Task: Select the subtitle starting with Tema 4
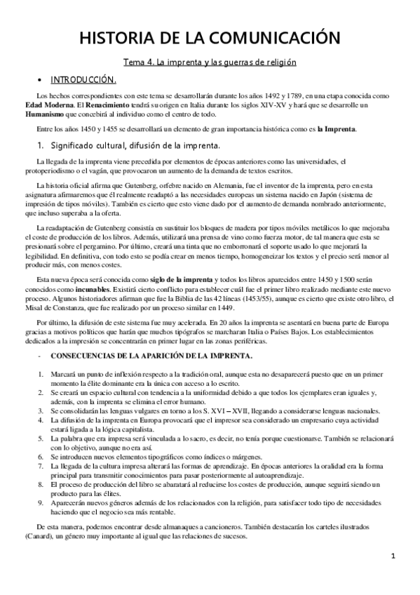(x=210, y=62)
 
